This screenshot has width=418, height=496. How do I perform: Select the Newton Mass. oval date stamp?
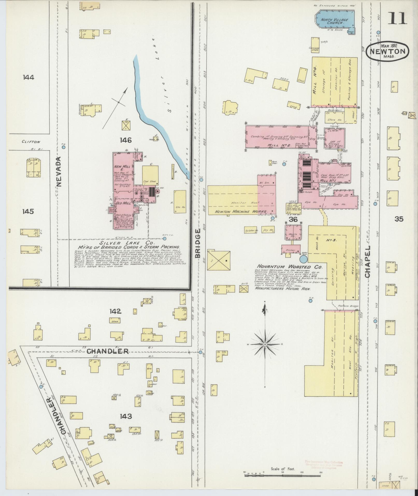387,51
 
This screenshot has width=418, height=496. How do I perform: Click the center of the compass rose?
265,344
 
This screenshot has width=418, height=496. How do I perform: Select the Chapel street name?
368,262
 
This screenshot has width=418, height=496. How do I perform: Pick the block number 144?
29,77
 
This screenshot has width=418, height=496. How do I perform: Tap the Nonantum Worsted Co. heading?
289,267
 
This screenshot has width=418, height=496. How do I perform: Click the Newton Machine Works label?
241,212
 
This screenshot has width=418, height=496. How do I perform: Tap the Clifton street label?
31,142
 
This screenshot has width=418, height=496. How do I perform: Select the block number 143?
126,416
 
